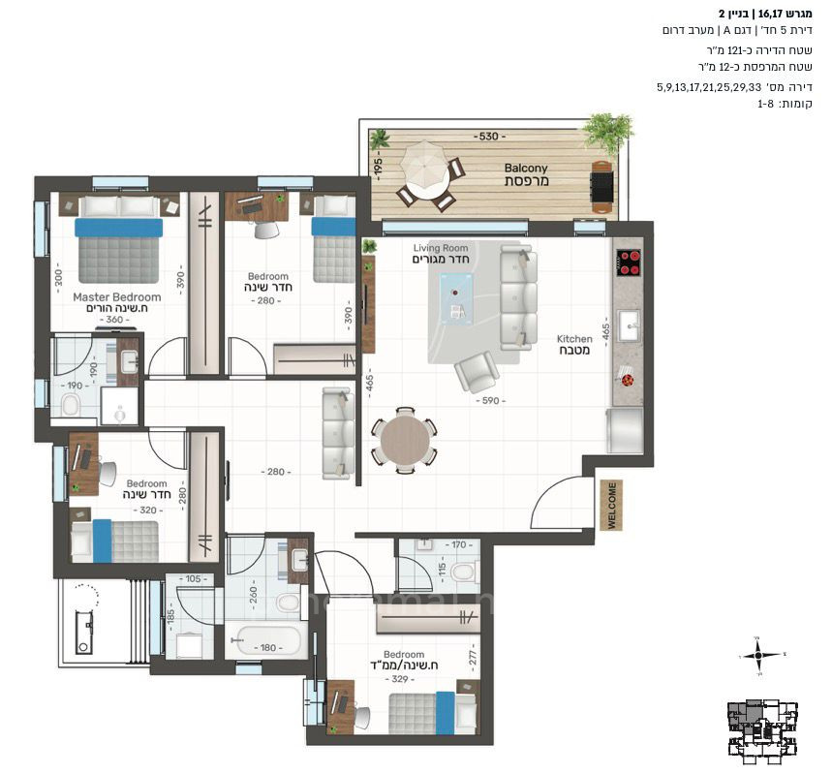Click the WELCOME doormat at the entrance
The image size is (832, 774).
pos(610,505)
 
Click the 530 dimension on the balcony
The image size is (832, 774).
pos(487,137)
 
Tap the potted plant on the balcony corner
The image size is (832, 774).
pos(608,131)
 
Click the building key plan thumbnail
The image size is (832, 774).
pos(764,727)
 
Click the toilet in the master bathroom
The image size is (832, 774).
pos(71,403)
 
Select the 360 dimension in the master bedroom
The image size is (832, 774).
pos(116,320)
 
